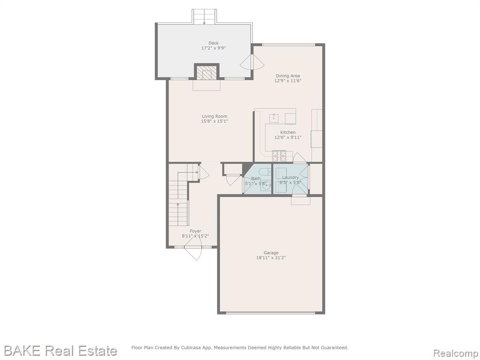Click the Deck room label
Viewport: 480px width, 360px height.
(x=213, y=43)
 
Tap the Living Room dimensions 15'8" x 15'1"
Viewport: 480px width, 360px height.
(x=214, y=121)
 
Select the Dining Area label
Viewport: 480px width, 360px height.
(x=288, y=76)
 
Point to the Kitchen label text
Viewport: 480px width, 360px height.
(x=288, y=133)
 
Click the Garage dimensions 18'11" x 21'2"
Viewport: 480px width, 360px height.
(x=271, y=258)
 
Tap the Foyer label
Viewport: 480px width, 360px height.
(x=195, y=231)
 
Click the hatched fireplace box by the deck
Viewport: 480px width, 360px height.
(x=207, y=73)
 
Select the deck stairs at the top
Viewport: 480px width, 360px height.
(x=204, y=16)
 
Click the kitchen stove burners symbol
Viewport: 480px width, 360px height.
(x=279, y=156)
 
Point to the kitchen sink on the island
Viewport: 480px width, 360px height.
(x=273, y=117)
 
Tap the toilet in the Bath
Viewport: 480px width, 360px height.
(x=264, y=172)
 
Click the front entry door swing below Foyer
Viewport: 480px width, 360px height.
(x=194, y=253)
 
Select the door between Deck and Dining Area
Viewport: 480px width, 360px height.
(x=252, y=62)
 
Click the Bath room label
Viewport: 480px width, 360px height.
(x=256, y=179)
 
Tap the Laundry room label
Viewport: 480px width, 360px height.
(x=290, y=178)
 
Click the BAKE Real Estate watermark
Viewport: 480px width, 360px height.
(x=60, y=351)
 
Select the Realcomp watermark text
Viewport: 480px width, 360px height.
(x=456, y=353)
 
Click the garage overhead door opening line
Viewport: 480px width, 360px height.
(x=270, y=313)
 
